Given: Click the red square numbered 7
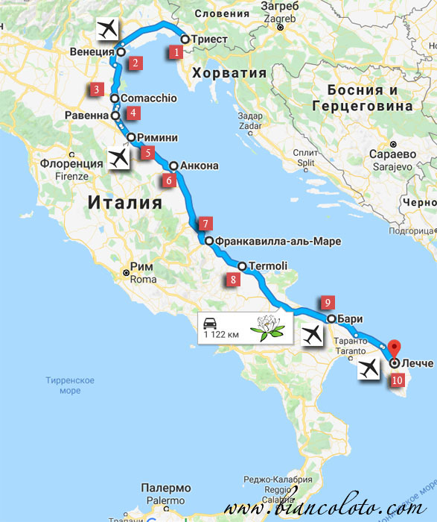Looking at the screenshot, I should coord(205,222).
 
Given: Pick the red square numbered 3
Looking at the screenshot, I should coord(95,89).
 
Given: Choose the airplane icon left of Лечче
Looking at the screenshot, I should coord(368,368).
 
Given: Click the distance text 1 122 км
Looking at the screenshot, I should coord(221,335).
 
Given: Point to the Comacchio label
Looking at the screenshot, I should coord(148,98).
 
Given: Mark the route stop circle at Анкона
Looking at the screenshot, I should coord(173,166).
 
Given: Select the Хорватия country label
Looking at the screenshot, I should coord(229,73).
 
